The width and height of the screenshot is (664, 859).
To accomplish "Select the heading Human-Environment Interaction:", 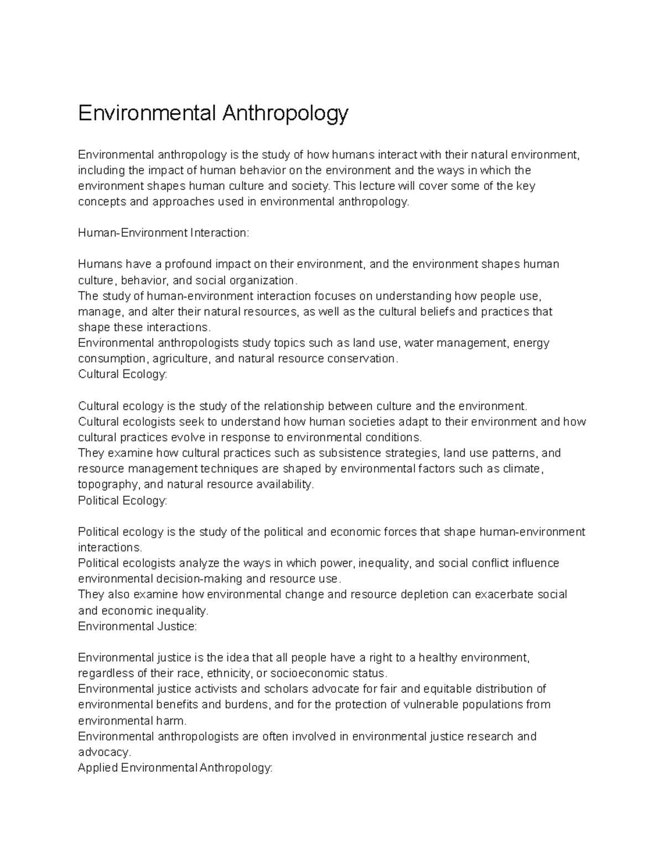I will pyautogui.click(x=164, y=233).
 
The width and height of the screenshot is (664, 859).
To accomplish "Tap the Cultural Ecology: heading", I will pyautogui.click(x=122, y=374).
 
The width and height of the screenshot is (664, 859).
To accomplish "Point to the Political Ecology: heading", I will pyautogui.click(x=122, y=501).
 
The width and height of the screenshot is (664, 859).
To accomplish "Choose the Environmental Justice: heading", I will pyautogui.click(x=137, y=627).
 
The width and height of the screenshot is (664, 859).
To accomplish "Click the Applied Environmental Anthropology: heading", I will pyautogui.click(x=175, y=768).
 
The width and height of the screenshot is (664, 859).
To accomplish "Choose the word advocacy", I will pyautogui.click(x=103, y=752).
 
